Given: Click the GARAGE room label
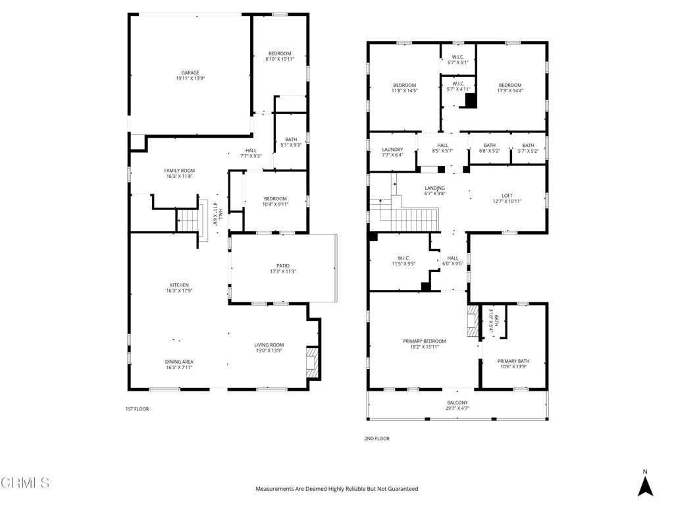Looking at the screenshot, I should coord(190,73).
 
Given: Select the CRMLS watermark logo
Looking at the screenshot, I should coord(25,483).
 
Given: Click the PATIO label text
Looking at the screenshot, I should coord(283,266).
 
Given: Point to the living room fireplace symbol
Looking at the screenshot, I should coord(311,362).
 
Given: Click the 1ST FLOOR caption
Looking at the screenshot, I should coord(137,409).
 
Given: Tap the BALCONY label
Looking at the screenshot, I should coord(457,403).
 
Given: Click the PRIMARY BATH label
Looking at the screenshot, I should coord(513,361).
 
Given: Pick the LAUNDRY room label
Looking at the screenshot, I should coord(392,150).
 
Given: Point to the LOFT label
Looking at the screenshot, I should coord(507,196).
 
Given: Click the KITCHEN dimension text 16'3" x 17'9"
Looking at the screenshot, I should coord(179,291).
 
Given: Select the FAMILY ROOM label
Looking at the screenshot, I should coord(179,171).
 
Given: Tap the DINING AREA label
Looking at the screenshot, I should coord(179,362).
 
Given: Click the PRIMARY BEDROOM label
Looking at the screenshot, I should coord(425,341).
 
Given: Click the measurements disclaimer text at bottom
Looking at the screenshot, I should coord(337,489).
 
